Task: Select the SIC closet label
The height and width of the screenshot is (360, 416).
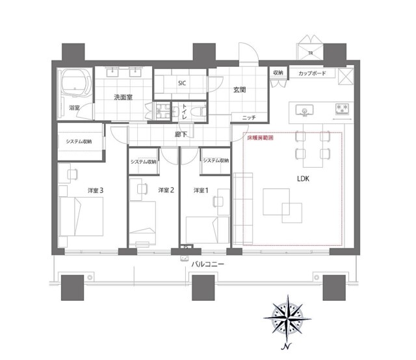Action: pos(182,83)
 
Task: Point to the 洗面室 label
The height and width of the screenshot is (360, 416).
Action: pos(123,97)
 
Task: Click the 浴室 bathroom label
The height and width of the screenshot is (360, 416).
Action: pos(73,107)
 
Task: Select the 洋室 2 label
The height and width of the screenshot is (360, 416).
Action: pos(166,190)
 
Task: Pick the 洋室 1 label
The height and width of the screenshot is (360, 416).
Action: pos(201,190)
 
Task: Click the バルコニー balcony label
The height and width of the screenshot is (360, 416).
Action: pos(209,264)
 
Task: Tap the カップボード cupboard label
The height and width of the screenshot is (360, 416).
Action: pos(312,73)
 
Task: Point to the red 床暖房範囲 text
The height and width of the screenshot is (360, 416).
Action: pos(259,138)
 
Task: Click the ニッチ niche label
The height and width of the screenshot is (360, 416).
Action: pos(248,117)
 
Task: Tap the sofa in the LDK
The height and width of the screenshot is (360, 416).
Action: pos(243,208)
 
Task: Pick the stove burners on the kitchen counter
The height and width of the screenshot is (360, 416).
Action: pos(342,108)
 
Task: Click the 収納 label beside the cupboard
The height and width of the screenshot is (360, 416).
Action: pos(278,73)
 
